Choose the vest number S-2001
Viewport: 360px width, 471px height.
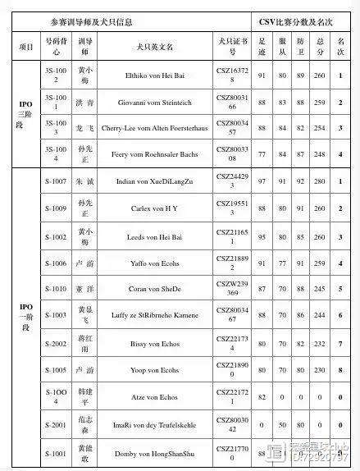tap(56, 424)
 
